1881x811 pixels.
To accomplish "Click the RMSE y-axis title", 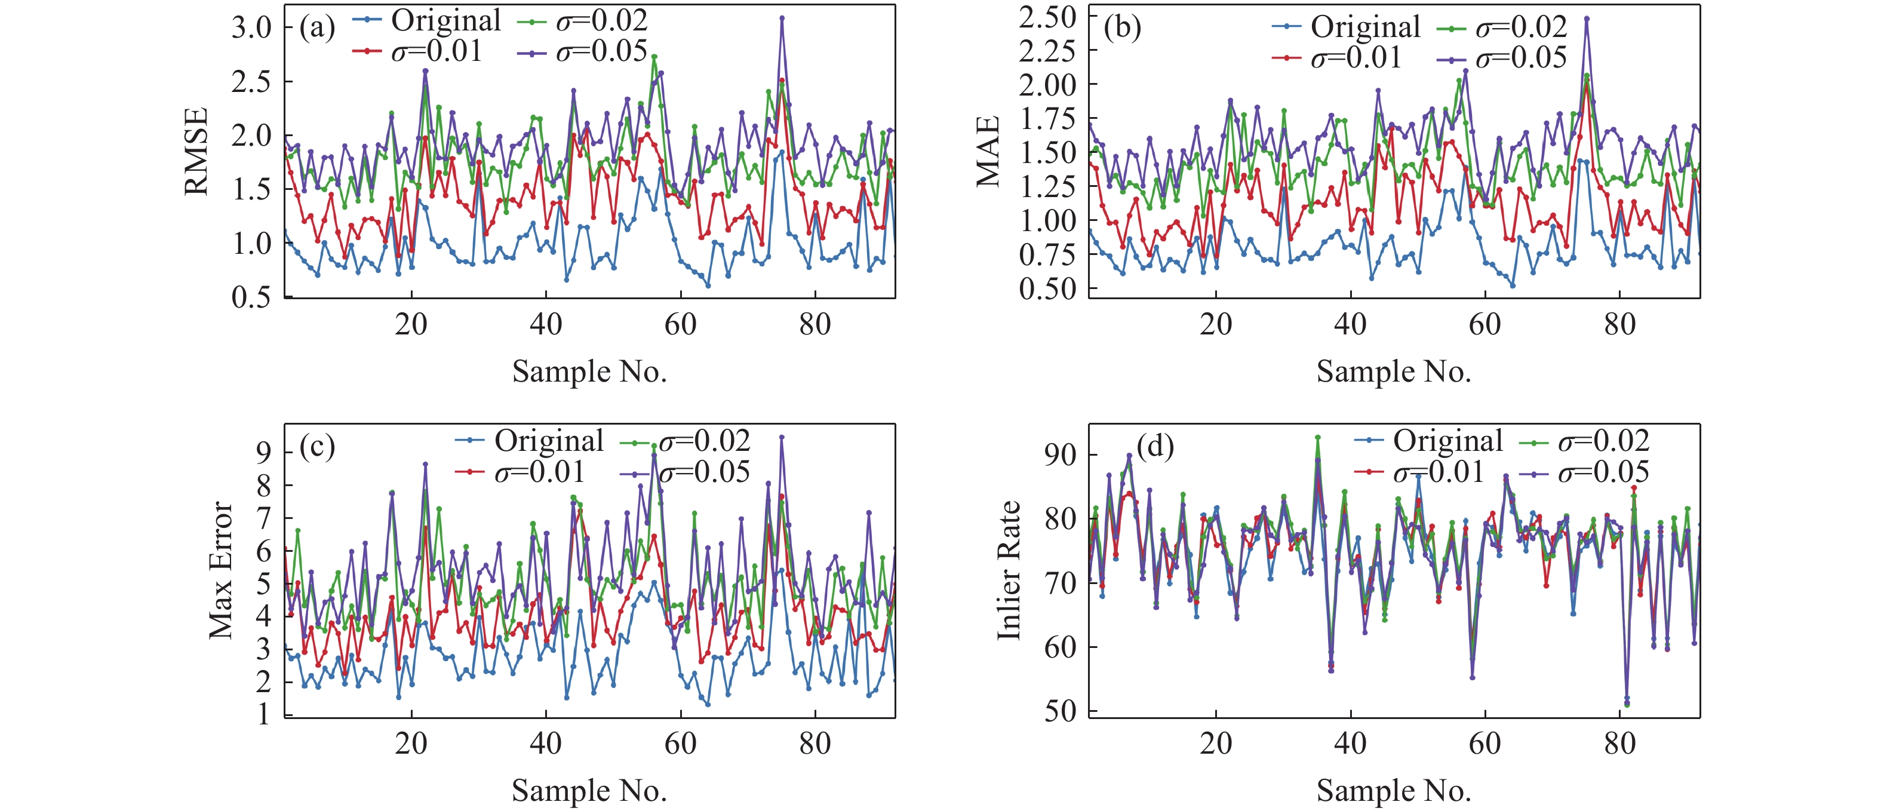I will coord(196,151).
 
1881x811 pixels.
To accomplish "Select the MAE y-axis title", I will coord(987,151).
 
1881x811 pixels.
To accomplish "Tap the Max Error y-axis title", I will coord(220,570).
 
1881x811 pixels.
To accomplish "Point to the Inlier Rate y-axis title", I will coord(1009,570).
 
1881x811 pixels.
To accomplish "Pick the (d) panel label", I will coord(1155,446).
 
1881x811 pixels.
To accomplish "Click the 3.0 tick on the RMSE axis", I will coord(251,27).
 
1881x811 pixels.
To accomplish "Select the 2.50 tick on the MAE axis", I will coord(1048,16).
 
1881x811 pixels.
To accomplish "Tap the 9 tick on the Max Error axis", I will coord(263,452).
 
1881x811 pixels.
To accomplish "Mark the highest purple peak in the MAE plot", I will coord(1586,19).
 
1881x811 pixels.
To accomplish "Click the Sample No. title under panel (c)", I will coord(589,791).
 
